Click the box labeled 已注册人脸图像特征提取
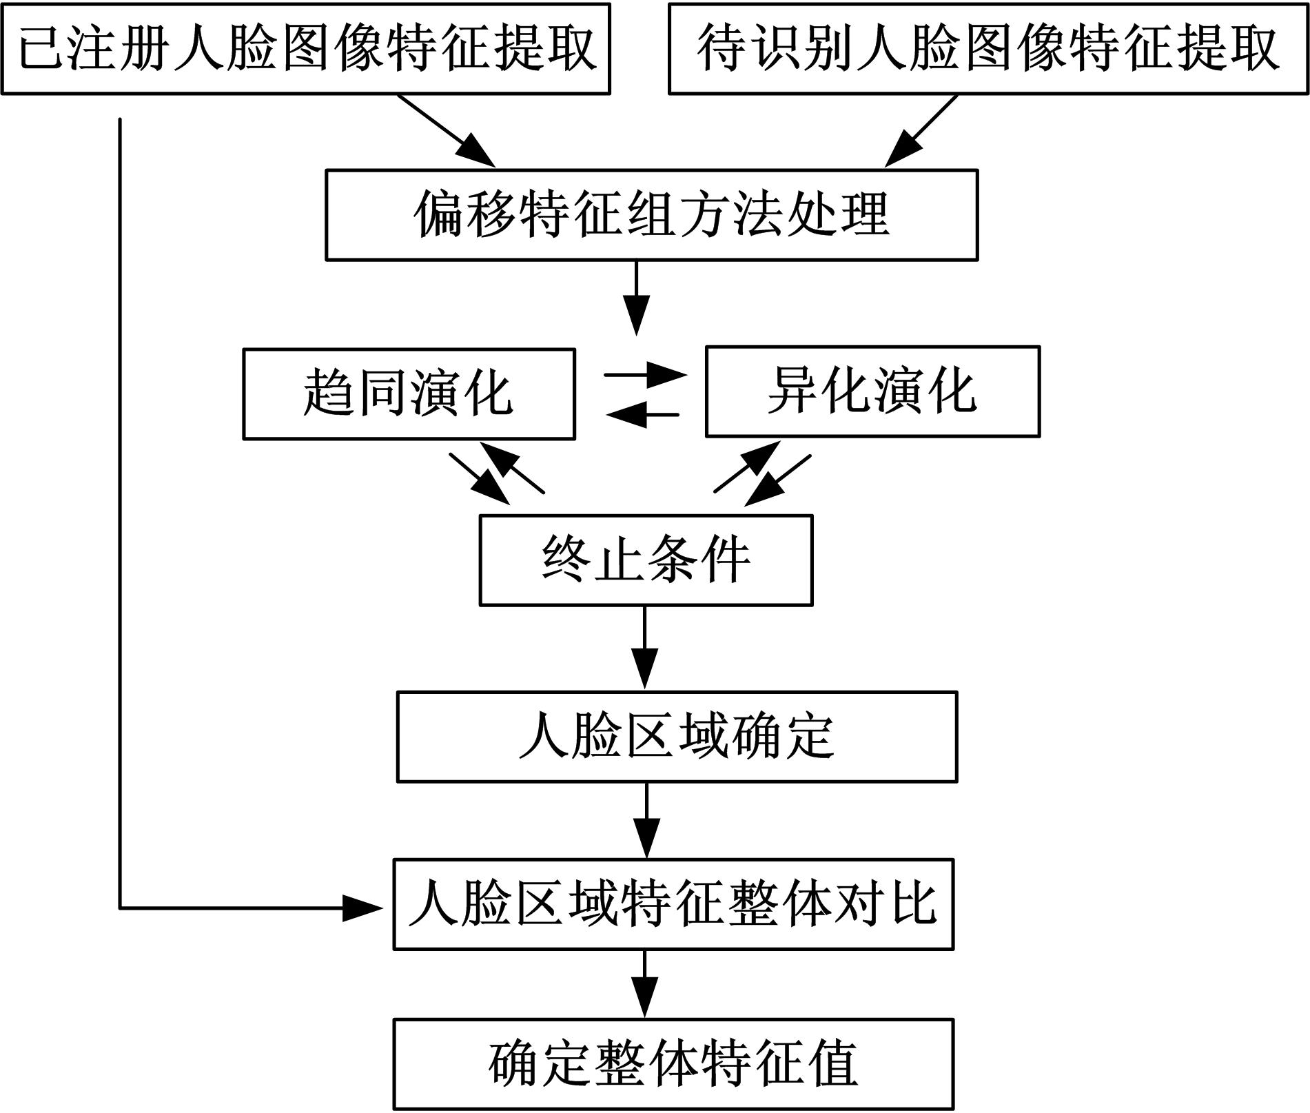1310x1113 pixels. coord(305,49)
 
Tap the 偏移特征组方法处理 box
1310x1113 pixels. coord(651,215)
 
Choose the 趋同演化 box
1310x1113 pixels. coord(409,394)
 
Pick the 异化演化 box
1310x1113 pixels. coord(872,391)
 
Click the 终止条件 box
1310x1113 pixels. coord(646,560)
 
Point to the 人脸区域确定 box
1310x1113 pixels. coord(677,737)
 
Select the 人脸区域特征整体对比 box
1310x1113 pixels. coord(673,904)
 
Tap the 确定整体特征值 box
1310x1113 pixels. coord(673,1064)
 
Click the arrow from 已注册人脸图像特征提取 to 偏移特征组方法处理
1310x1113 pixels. coord(447,130)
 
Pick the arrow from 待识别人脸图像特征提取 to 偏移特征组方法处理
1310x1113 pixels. coord(921,130)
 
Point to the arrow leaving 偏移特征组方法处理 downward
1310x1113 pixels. coord(636,297)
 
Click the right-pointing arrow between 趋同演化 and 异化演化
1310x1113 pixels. coord(645,376)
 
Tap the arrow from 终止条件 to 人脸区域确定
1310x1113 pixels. coord(645,647)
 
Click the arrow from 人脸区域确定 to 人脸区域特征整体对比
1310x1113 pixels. coord(646,819)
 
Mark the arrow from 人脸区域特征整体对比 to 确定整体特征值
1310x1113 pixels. coord(645,983)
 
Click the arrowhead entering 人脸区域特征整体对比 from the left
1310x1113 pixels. coord(362,908)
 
